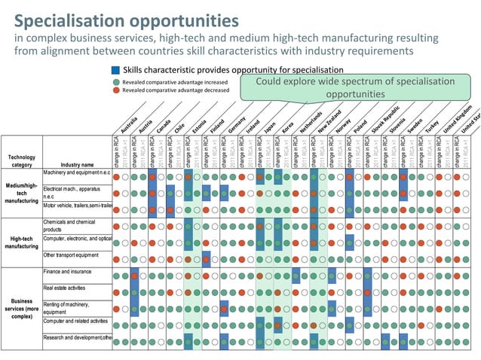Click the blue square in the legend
pyautogui.click(x=115, y=70)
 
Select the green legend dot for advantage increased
pyautogui.click(x=115, y=81)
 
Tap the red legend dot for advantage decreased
pyautogui.click(x=115, y=90)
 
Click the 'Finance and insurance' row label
pyautogui.click(x=68, y=271)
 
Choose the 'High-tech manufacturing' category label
pyautogui.click(x=22, y=241)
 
